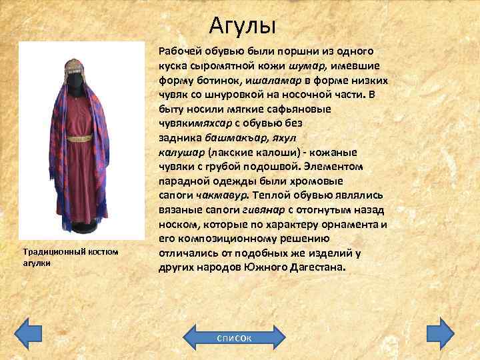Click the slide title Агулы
pyautogui.click(x=242, y=26)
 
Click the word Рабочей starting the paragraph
pyautogui.click(x=180, y=51)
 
